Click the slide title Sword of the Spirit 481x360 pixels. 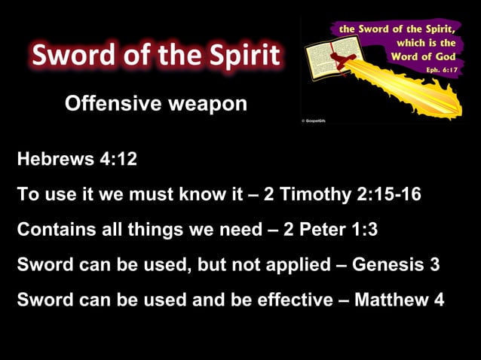click(x=156, y=55)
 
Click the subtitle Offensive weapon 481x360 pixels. click(x=156, y=104)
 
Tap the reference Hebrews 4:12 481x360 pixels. click(x=77, y=160)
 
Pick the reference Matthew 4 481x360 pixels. click(x=399, y=299)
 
